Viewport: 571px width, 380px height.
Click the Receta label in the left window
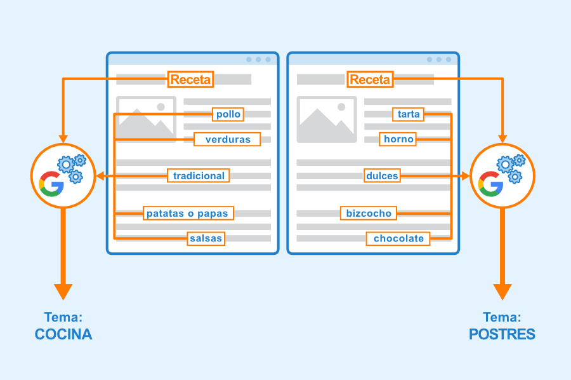click(190, 79)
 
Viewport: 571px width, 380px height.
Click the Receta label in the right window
click(370, 79)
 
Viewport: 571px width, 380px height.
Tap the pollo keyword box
click(228, 114)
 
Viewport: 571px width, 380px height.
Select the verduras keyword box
click(227, 139)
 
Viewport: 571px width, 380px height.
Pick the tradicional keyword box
click(199, 176)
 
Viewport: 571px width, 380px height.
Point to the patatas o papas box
click(188, 214)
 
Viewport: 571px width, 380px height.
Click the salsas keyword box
click(206, 238)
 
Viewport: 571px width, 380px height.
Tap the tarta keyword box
click(408, 114)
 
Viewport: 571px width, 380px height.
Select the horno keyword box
click(398, 139)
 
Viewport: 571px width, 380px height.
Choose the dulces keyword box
click(382, 176)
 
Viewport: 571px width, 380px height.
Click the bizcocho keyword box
click(369, 214)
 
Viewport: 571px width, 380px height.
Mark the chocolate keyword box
click(398, 238)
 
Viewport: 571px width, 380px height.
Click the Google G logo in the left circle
click(51, 184)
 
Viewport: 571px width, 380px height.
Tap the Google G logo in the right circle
click(490, 184)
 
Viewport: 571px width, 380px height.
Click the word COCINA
click(63, 334)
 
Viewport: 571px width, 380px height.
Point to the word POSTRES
click(502, 334)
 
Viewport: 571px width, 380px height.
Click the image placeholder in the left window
click(146, 119)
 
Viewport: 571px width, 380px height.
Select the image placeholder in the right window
click(327, 119)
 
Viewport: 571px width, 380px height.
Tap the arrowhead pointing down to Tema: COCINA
click(63, 292)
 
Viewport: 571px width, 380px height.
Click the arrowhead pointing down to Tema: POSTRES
click(502, 292)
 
